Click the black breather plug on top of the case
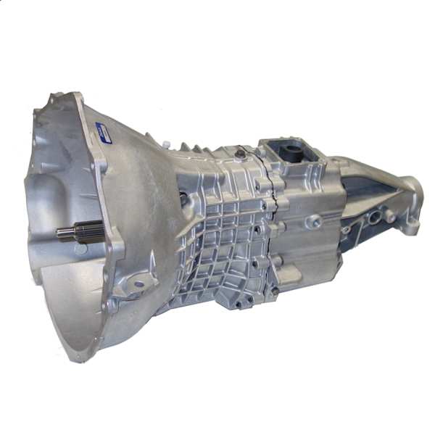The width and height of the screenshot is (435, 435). tap(239, 154)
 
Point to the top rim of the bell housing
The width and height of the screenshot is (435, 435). tap(72, 98)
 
